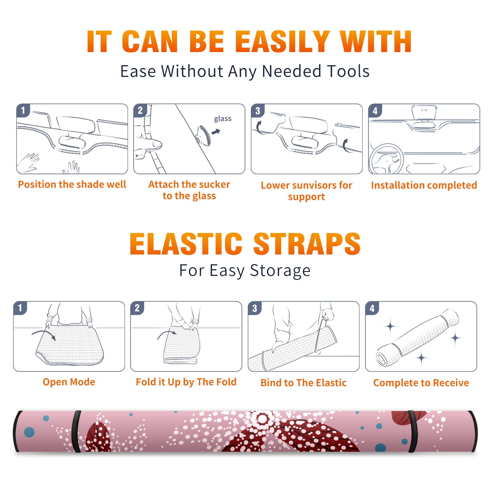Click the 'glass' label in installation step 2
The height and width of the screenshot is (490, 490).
coord(223,119)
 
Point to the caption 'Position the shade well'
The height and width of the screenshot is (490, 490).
coord(72,184)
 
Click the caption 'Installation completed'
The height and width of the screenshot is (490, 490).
coord(424,185)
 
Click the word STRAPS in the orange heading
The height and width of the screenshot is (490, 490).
coord(307,244)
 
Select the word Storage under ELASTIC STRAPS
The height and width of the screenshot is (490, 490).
coord(280,271)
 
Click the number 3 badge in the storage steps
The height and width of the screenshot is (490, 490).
coord(255,308)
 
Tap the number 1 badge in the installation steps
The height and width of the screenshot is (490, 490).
coord(23,110)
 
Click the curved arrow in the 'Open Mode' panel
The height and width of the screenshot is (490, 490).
coord(44,334)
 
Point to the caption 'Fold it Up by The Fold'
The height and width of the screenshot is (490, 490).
coord(186,382)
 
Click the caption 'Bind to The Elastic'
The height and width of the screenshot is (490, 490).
coord(303,383)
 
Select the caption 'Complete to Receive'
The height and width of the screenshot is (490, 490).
coord(421,383)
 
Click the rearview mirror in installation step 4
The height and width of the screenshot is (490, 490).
coord(424,112)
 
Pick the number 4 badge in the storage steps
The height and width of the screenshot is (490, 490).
coord(372,308)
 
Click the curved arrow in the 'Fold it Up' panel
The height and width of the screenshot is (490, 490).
coord(166,334)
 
